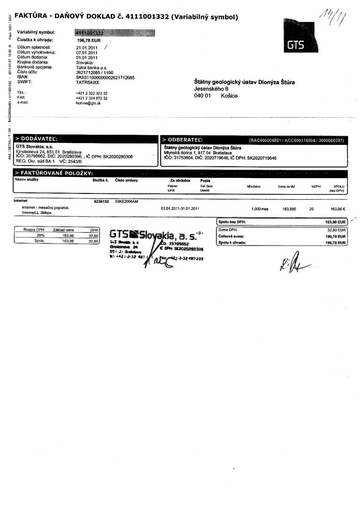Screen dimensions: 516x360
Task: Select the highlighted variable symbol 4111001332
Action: (90, 33)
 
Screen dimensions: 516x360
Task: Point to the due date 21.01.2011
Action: (87, 47)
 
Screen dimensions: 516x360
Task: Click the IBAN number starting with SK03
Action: (105, 77)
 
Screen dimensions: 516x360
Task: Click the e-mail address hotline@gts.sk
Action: (88, 103)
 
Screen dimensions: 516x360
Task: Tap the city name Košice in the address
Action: (229, 96)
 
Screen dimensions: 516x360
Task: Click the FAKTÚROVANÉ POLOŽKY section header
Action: (55, 172)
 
